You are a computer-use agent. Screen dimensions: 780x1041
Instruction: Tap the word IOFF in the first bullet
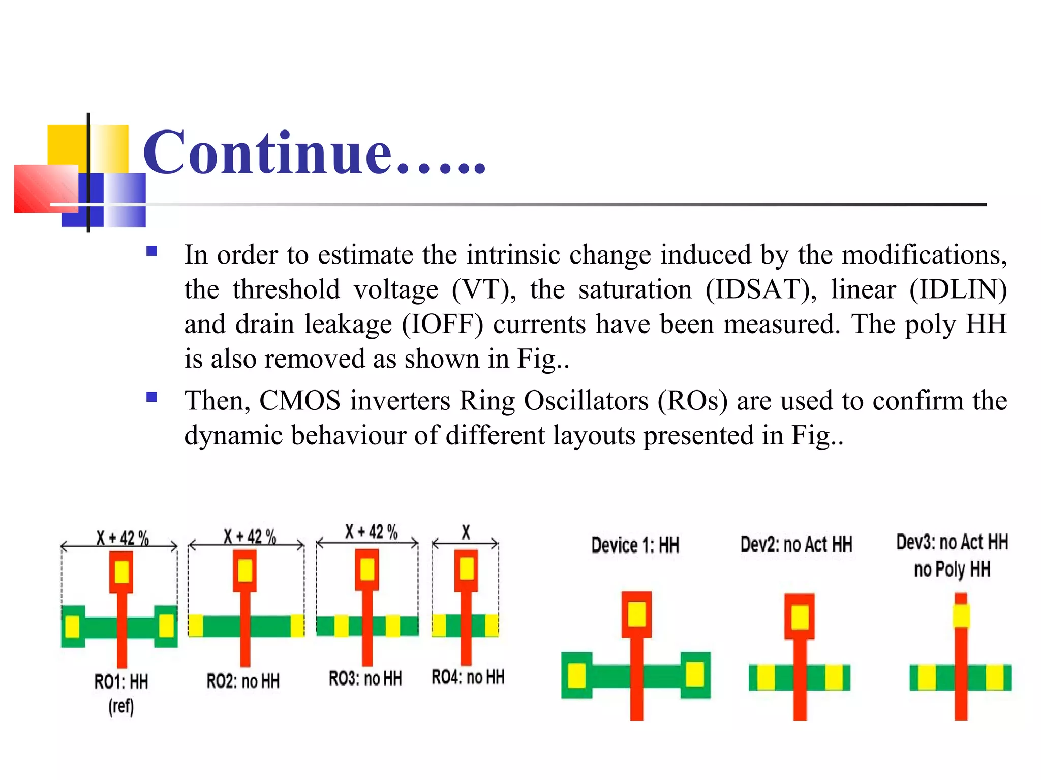(x=442, y=324)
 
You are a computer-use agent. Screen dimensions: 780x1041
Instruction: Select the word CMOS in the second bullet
(x=300, y=400)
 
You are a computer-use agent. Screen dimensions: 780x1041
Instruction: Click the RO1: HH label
(x=121, y=681)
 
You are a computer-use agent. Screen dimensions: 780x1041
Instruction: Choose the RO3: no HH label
(x=365, y=678)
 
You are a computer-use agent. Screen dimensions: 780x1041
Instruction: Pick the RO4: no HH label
(x=468, y=677)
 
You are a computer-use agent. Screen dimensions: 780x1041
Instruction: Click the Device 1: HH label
(x=635, y=546)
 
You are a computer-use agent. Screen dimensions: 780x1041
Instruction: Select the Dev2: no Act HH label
(x=796, y=545)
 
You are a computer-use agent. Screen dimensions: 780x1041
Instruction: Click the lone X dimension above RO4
(x=466, y=532)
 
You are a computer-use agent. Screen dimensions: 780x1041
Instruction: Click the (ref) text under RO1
(x=121, y=706)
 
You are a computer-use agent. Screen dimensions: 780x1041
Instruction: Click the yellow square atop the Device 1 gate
(x=637, y=614)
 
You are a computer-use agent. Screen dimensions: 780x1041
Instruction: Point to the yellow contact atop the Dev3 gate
(x=961, y=615)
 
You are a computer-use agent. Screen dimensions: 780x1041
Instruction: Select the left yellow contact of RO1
(x=72, y=626)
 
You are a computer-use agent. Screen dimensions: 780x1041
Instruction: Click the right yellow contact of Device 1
(x=694, y=675)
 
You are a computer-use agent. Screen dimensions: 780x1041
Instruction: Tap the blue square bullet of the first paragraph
(x=151, y=251)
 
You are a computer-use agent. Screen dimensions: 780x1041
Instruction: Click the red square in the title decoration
(x=46, y=188)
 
